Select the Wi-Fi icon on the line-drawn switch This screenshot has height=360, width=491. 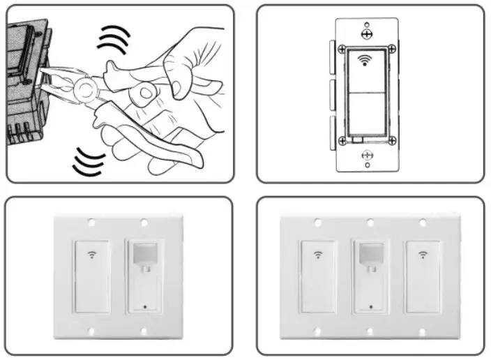click(365, 59)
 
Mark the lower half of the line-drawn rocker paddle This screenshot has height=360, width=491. click(366, 115)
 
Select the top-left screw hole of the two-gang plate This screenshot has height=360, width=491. click(92, 223)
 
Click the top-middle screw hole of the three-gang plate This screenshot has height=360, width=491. click(370, 223)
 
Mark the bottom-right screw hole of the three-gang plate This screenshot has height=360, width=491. click(422, 332)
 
